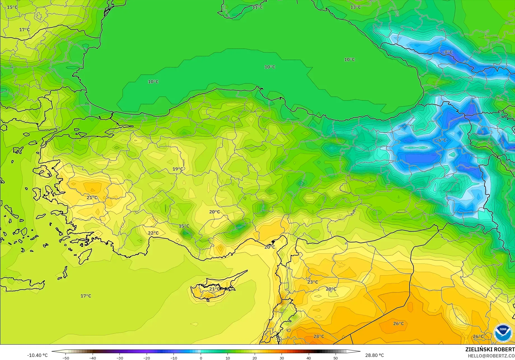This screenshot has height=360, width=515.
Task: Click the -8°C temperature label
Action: pyautogui.click(x=448, y=52)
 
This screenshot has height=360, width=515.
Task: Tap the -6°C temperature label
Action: pyautogui.click(x=441, y=140)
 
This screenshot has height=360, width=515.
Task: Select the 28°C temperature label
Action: pyautogui.click(x=319, y=336)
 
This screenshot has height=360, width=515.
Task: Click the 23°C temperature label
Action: pyautogui.click(x=313, y=282)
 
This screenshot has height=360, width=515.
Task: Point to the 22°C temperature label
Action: pyautogui.click(x=153, y=233)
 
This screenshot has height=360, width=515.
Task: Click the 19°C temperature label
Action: pyautogui.click(x=178, y=169)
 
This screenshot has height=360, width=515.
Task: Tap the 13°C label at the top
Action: pyautogui.click(x=355, y=7)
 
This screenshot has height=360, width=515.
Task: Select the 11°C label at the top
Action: pyautogui.click(x=257, y=7)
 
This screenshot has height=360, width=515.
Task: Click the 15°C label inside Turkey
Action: pyautogui.click(x=184, y=226)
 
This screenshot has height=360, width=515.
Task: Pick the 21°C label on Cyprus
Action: pyautogui.click(x=215, y=289)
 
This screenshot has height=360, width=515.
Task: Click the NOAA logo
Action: pyautogui.click(x=503, y=333)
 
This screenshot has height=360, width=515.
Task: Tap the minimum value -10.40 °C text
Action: pyautogui.click(x=37, y=355)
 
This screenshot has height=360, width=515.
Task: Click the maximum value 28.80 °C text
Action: pyautogui.click(x=374, y=355)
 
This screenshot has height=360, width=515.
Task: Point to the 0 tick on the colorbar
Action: pyautogui.click(x=201, y=358)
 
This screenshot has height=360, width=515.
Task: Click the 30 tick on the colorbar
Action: pyautogui.click(x=282, y=358)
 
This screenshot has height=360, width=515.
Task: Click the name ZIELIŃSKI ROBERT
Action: pyautogui.click(x=490, y=349)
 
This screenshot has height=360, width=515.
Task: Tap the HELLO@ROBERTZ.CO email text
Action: pyautogui.click(x=491, y=356)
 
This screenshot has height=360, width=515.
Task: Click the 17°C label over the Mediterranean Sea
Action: pyautogui.click(x=86, y=296)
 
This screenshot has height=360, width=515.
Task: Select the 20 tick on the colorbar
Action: pyautogui.click(x=255, y=358)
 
